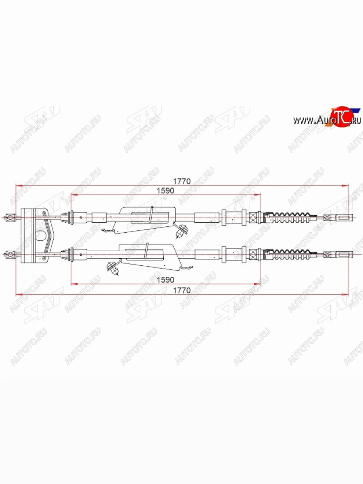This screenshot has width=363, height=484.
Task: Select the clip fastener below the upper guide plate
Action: (x=183, y=231)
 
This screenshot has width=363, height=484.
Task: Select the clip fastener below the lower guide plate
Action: (x=114, y=268)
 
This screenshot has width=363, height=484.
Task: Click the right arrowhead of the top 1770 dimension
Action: (x=346, y=186)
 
